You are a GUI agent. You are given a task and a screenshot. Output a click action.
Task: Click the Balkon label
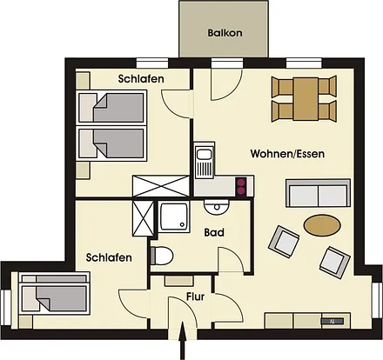point(225,34)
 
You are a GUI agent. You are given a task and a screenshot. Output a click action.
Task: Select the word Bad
point(215,233)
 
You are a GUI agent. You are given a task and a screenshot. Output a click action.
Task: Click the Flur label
point(196,297)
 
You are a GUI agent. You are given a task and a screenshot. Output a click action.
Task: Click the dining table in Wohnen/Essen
point(304,98)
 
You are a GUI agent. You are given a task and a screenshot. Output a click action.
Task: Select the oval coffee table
point(323,224)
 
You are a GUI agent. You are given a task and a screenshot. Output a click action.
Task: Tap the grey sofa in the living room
point(319,192)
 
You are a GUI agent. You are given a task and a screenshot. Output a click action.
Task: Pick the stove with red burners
point(241,185)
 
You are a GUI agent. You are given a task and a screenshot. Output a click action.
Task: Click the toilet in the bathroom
point(162,255)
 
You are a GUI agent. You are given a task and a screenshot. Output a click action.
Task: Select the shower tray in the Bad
point(175,218)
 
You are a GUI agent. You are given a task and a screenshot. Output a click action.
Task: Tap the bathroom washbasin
point(214,205)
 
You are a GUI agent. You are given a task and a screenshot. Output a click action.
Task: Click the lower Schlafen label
point(109,257)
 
